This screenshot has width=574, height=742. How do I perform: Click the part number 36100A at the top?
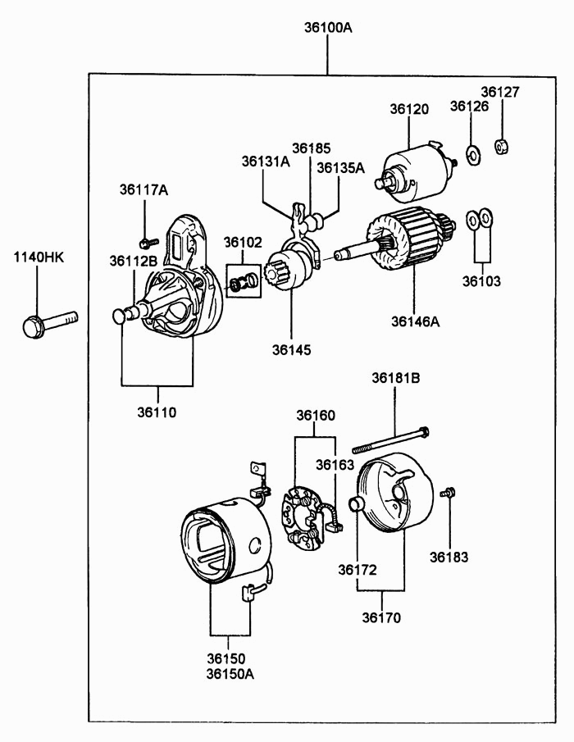pos(328,27)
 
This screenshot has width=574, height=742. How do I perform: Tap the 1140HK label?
pos(39,257)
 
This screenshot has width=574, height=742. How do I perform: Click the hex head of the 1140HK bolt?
pos(34,326)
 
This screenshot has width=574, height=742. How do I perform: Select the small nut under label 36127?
pos(502,146)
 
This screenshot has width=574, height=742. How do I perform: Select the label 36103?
pos(481,281)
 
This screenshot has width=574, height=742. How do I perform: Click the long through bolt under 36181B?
pos(391,440)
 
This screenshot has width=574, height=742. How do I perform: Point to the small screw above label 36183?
pos(447,493)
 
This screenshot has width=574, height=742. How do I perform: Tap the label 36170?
pos(381,617)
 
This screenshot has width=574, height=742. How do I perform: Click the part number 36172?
pos(358,570)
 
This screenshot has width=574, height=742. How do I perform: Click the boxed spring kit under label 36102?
pos(243,281)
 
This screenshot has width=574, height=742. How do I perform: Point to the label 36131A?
pos(266,162)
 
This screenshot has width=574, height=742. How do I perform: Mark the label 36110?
pos(157,412)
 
